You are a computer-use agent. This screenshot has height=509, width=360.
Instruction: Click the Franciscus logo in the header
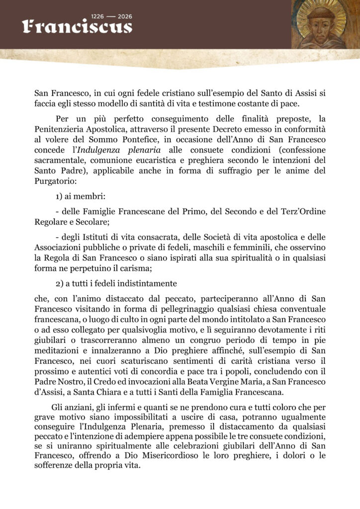(x=77, y=27)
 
